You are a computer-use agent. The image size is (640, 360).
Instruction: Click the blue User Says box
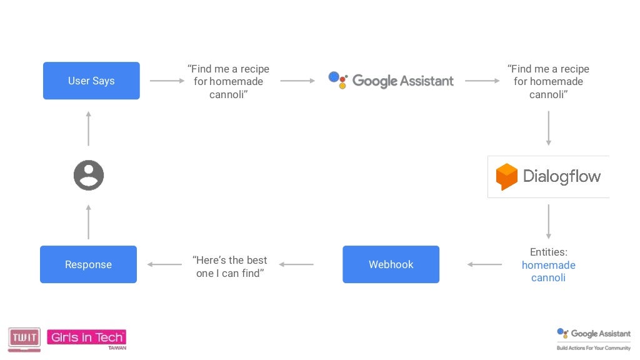91,81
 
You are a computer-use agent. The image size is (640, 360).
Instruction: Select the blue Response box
88,264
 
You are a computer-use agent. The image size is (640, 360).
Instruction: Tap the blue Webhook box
391,264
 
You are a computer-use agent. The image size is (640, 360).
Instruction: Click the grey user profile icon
89,176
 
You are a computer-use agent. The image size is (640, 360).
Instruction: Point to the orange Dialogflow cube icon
506,177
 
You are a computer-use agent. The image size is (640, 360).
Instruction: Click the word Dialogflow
561,176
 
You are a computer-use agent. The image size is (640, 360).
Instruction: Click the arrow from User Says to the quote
167,81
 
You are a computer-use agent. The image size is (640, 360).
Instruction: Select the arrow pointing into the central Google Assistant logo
297,81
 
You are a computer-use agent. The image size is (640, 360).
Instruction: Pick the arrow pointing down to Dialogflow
548,128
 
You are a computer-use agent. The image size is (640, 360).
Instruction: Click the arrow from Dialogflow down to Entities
548,221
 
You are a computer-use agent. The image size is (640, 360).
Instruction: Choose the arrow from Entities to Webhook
484,264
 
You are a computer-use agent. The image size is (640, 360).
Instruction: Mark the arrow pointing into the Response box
165,264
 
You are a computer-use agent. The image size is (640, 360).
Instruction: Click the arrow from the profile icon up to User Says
89,129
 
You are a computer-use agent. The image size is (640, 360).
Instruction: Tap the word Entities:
548,252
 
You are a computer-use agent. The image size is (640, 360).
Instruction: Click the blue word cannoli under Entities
548,277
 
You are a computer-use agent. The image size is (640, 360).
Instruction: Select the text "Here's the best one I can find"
229,266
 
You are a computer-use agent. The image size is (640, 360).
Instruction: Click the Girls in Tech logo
87,338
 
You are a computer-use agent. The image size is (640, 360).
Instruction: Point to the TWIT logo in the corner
24,338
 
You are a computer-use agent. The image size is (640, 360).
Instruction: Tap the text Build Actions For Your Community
594,347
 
